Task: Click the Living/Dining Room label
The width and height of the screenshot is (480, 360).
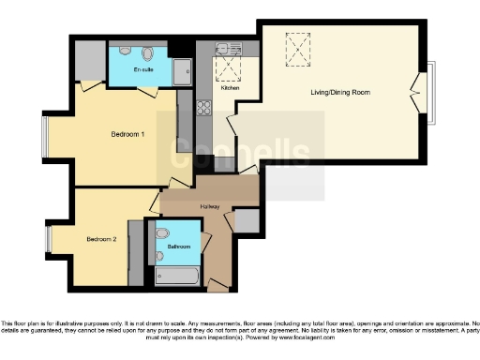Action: tap(338, 93)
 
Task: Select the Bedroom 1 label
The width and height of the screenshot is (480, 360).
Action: tap(127, 134)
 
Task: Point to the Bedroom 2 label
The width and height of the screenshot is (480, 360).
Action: tap(101, 239)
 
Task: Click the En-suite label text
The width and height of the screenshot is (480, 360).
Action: tap(143, 71)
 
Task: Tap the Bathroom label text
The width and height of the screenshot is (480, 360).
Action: tap(178, 247)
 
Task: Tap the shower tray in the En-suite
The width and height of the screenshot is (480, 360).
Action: tap(181, 70)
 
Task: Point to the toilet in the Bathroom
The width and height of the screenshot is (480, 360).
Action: tap(160, 232)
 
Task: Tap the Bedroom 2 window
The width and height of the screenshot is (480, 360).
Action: tap(48, 238)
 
